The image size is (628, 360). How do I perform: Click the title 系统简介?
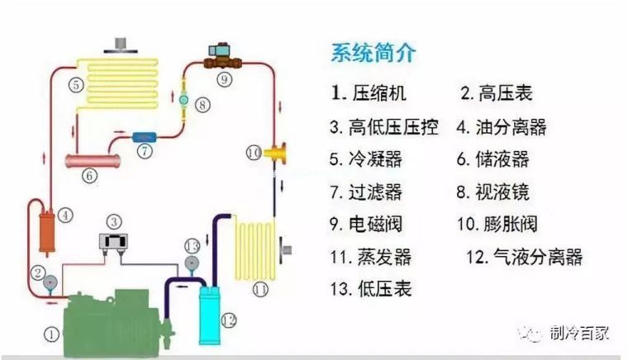[373, 54]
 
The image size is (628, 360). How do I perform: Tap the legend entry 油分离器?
[502, 127]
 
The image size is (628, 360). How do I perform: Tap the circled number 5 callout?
[75, 84]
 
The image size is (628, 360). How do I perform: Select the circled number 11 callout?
[261, 290]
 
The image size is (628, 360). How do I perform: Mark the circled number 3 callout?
[115, 221]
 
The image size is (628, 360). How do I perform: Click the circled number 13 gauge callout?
[192, 246]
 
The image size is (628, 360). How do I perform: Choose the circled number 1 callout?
[52, 334]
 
